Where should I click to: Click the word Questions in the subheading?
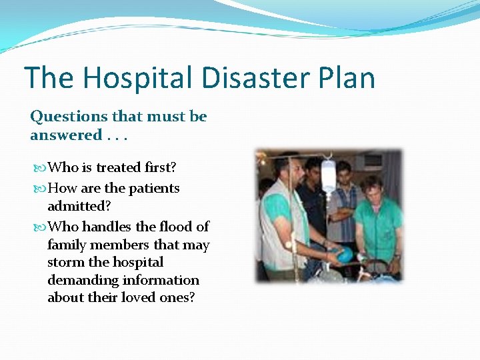point(69,117)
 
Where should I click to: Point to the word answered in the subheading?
point(65,135)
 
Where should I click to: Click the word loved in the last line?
point(137,297)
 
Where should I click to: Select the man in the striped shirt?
point(345,200)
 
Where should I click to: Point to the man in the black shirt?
point(312,200)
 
